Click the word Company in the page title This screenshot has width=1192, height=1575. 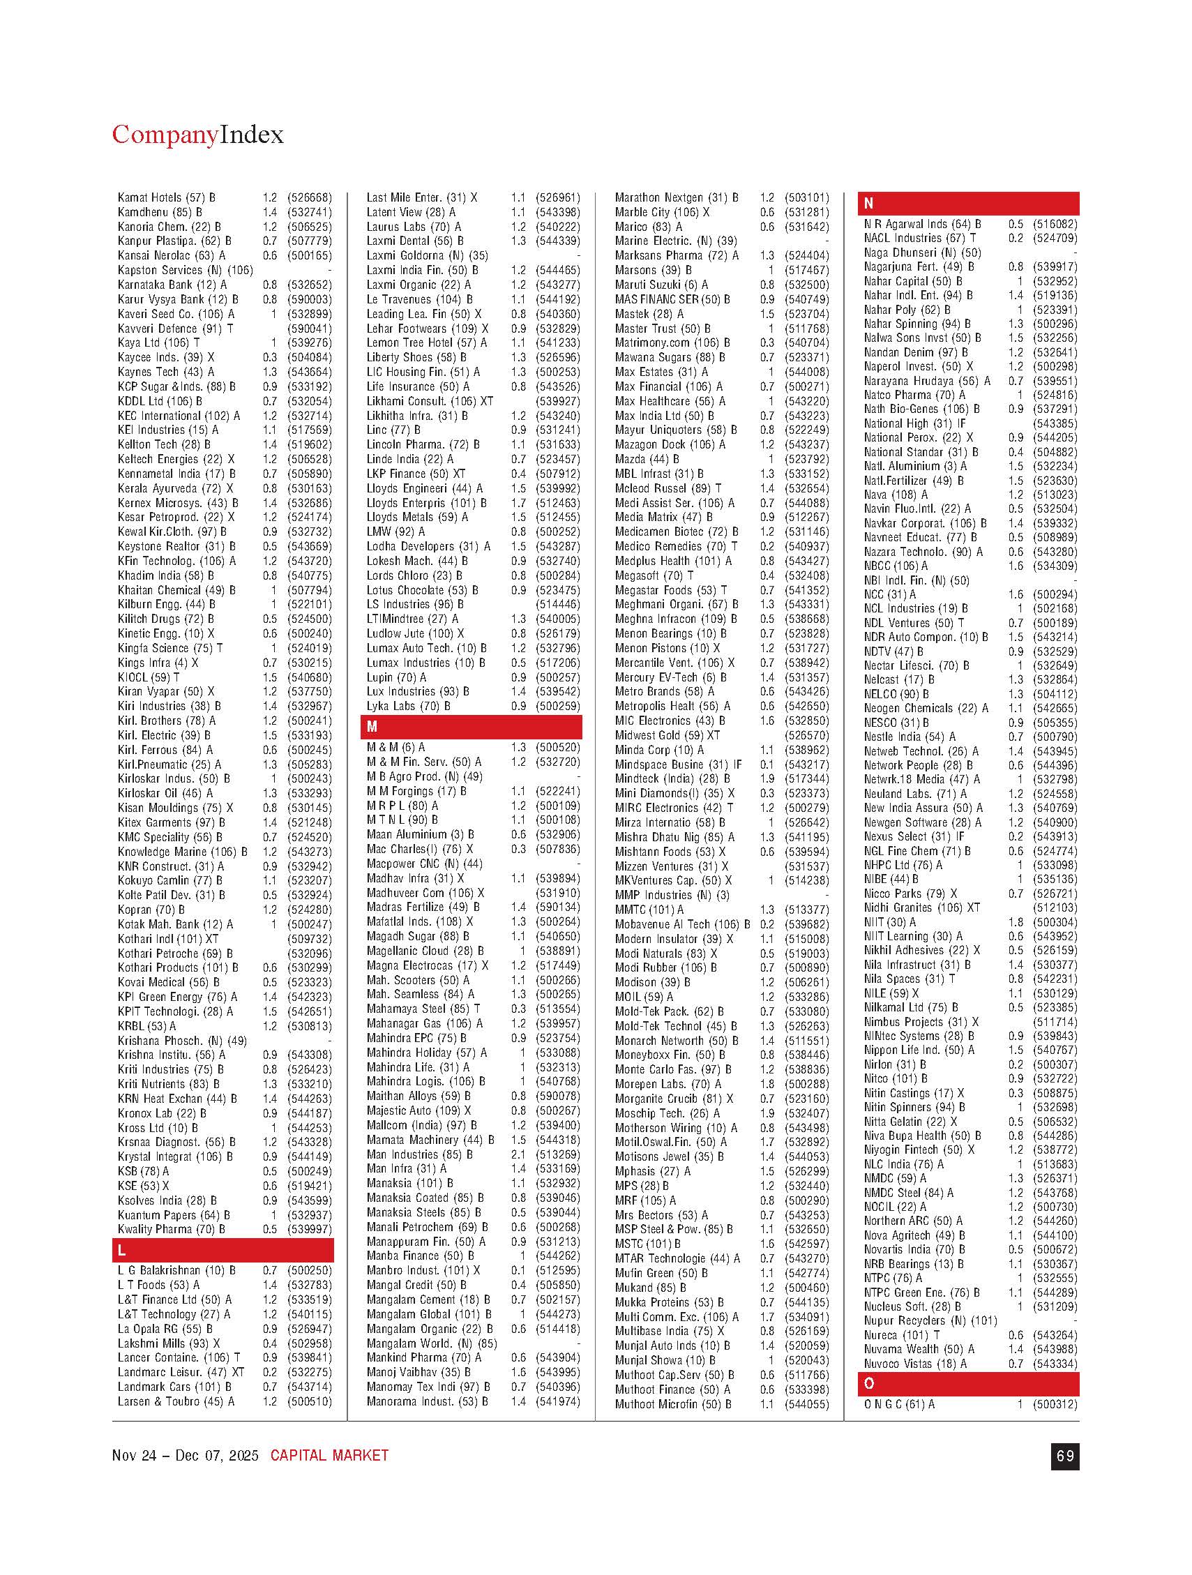[x=165, y=135]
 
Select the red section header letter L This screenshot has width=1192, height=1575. [x=123, y=1251]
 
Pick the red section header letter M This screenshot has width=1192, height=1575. [x=372, y=727]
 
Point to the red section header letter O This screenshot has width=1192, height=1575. [x=869, y=1383]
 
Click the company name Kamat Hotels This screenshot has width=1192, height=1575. [x=149, y=197]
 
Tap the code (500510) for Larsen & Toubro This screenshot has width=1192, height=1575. [x=309, y=1401]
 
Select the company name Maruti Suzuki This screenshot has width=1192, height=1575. [x=648, y=285]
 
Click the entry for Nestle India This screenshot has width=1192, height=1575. [x=899, y=737]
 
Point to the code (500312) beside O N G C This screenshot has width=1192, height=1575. [x=1055, y=1405]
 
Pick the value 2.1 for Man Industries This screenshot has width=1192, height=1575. [x=518, y=1154]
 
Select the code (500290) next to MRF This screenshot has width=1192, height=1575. [x=807, y=1200]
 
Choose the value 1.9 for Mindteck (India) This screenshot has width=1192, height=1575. [x=766, y=779]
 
